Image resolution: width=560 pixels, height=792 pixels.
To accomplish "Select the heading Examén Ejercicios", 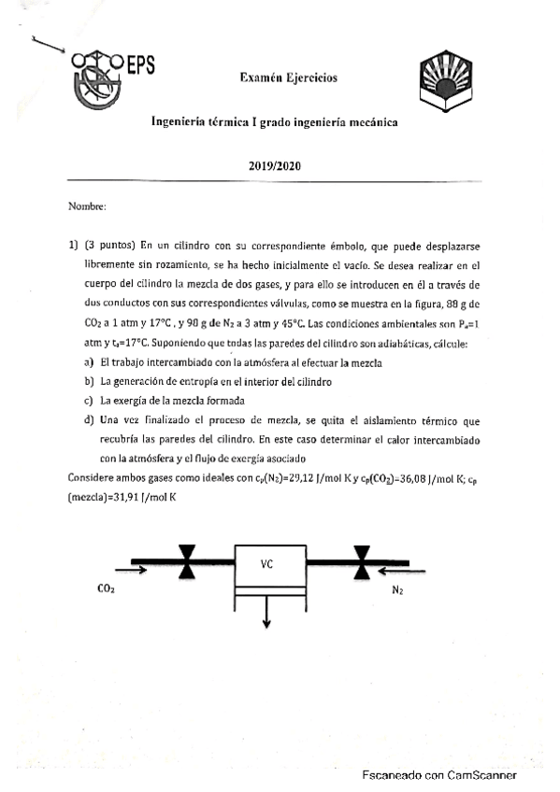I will (288, 78).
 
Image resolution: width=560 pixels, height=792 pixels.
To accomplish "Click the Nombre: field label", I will (87, 205).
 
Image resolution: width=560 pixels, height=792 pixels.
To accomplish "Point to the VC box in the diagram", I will (268, 563).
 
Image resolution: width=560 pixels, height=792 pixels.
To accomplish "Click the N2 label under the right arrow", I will (397, 589).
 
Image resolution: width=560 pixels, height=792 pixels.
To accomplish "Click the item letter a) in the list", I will (89, 362).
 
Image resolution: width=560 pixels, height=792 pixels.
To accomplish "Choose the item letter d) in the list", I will (89, 421).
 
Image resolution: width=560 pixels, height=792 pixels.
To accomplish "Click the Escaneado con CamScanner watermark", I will (439, 774).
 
